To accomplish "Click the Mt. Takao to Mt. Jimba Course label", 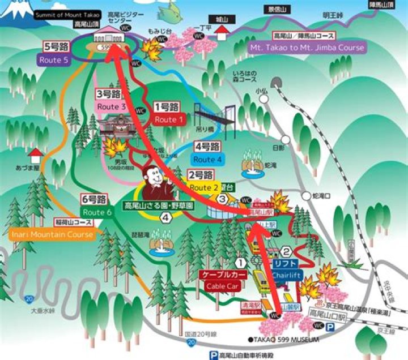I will tap(307, 48).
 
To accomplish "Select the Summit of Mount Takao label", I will tap(67, 14).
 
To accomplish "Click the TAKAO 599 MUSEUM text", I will tap(283, 340).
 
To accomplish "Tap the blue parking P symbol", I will tap(214, 355).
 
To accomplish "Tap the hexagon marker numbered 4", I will tap(165, 217).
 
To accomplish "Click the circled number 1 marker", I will tap(241, 263).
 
